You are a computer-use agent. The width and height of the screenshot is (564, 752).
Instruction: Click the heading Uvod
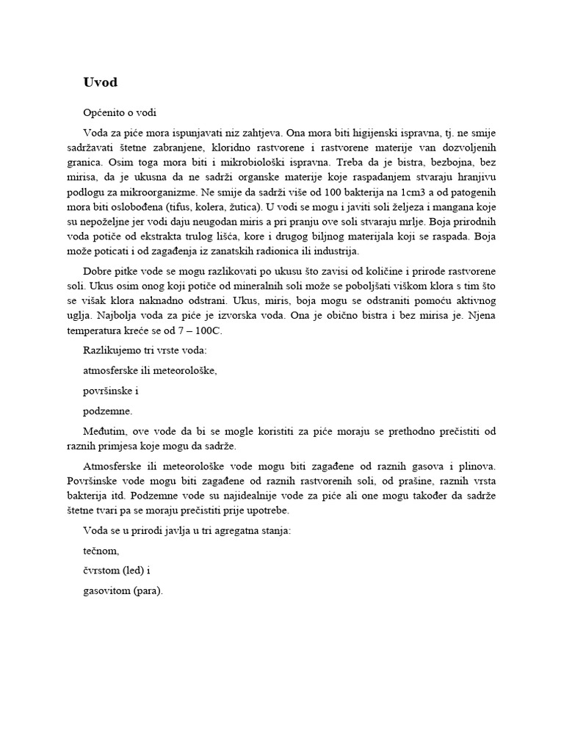coord(101,82)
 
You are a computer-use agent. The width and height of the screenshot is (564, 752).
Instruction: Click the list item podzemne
coord(107,412)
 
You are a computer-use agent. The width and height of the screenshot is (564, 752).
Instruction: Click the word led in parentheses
coord(137,571)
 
